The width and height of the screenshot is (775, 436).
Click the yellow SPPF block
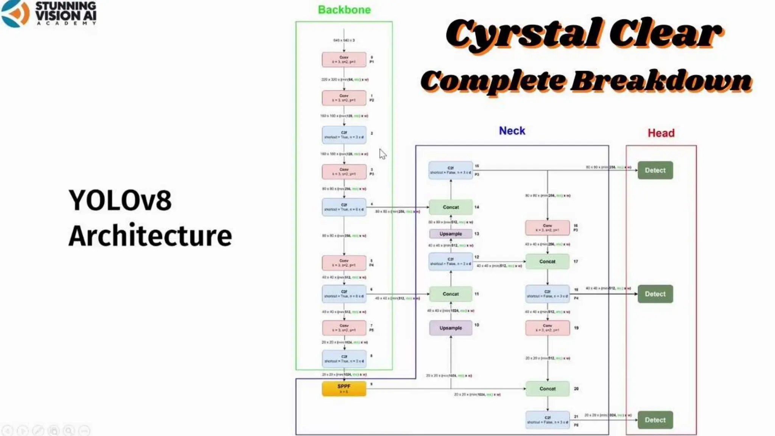[344, 388]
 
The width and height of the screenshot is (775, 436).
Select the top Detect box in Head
[655, 170]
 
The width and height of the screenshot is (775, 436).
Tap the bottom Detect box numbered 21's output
[655, 420]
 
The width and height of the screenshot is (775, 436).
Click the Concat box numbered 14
[451, 207]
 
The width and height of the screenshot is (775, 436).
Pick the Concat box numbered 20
[547, 389]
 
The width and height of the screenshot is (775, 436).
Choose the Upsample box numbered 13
[451, 234]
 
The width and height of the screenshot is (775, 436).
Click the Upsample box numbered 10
[451, 328]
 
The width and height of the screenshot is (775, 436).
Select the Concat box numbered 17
[547, 262]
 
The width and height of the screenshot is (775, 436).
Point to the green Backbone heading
[344, 10]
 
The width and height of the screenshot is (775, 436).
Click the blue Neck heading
[512, 131]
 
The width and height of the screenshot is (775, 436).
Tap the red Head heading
[661, 133]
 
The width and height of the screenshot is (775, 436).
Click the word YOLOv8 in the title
[120, 200]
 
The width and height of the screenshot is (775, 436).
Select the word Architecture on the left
[150, 236]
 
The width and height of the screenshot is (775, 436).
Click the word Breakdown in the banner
[661, 81]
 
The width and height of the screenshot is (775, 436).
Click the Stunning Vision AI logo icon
[15, 14]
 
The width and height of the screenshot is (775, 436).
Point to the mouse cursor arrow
[382, 154]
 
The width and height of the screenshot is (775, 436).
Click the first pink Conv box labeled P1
[344, 59]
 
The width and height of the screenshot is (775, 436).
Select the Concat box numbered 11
[451, 294]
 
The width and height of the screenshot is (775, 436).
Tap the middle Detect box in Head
[655, 294]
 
